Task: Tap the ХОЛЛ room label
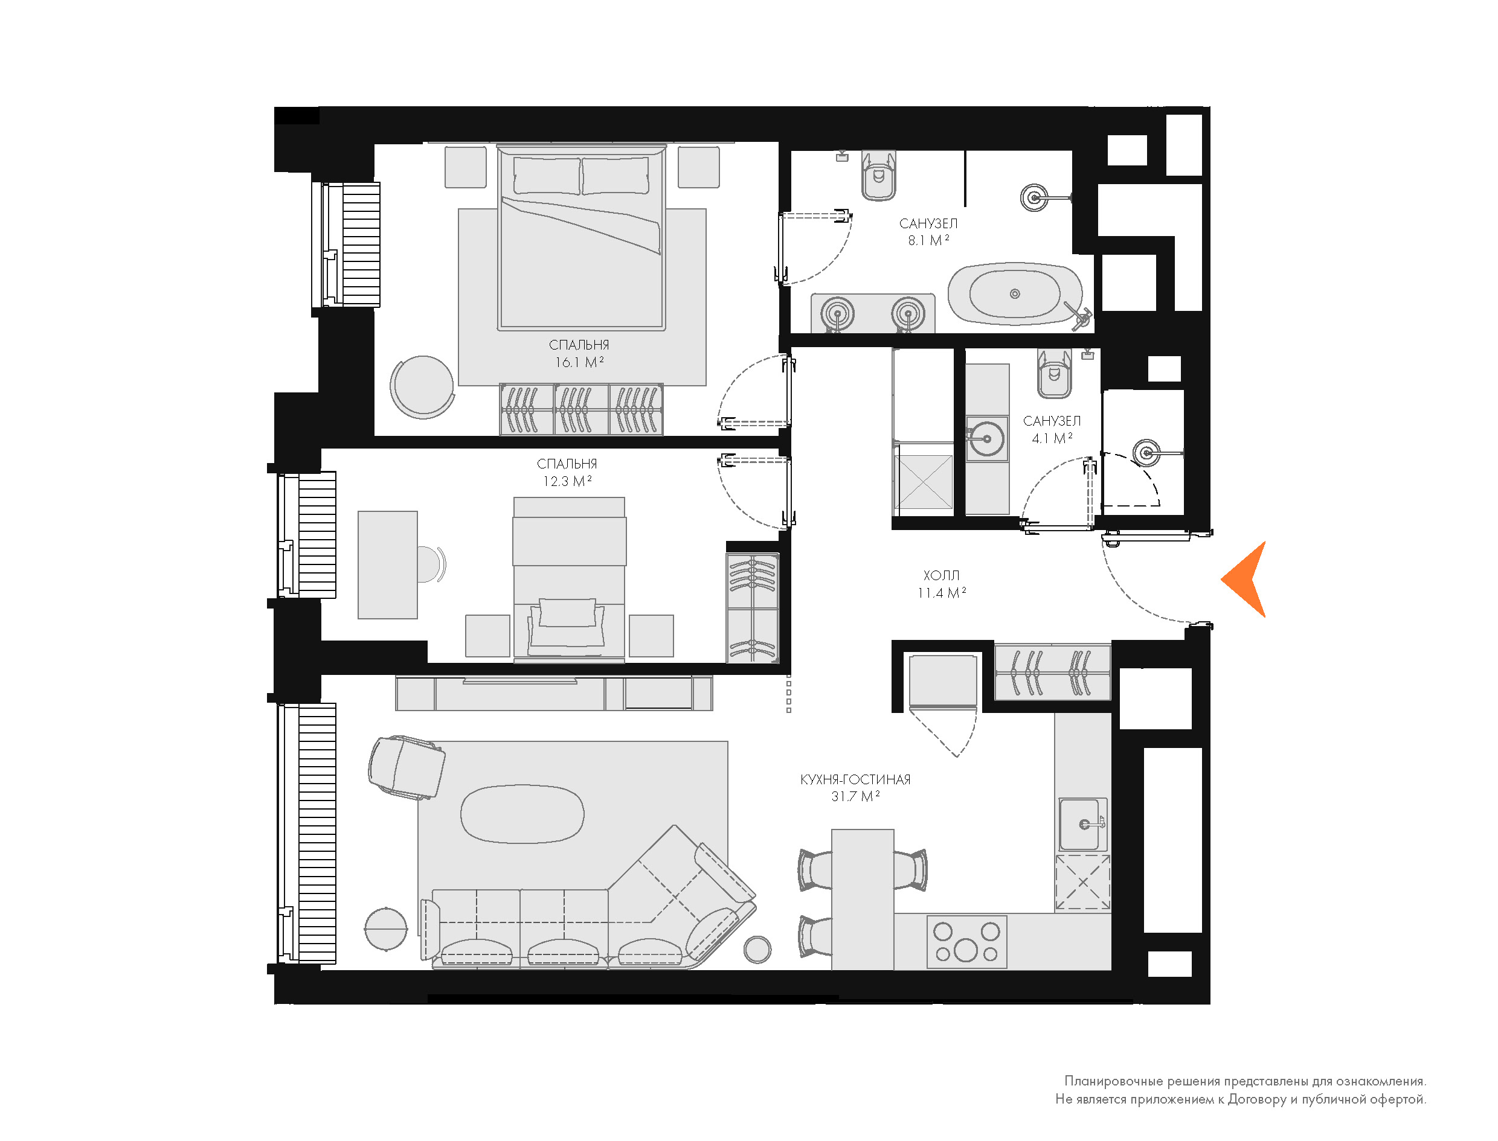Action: click(941, 575)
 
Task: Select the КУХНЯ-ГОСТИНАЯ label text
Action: click(855, 780)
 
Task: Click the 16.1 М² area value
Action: click(579, 362)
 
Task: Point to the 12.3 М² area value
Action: click(567, 481)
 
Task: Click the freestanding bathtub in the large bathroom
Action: click(1015, 293)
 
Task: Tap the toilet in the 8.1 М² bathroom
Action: click(878, 175)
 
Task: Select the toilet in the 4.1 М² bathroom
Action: click(1053, 374)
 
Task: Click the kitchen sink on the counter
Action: click(1083, 824)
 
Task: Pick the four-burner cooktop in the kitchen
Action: click(966, 942)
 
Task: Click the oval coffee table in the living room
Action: click(522, 814)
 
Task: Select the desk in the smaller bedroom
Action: click(387, 565)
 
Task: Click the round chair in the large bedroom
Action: click(422, 387)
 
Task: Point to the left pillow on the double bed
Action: click(547, 175)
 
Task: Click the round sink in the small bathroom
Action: click(986, 438)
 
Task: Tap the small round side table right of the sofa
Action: click(757, 949)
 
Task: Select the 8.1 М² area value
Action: click(928, 240)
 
